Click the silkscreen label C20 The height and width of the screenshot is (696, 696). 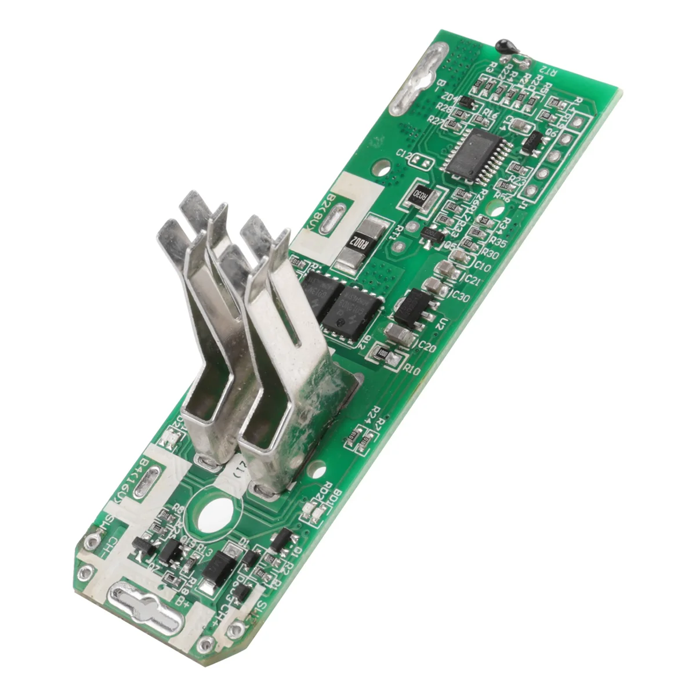point(426,347)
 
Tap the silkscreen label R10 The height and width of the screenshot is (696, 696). point(412,369)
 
